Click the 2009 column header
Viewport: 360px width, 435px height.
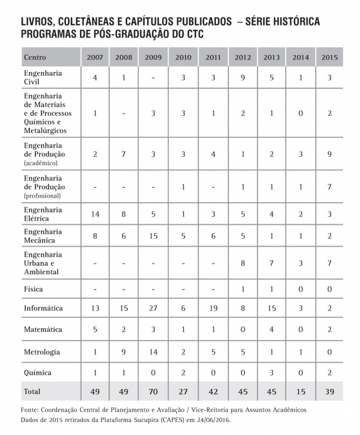pos(153,57)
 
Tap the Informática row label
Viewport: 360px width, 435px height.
pos(43,308)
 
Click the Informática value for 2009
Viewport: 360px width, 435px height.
pos(153,308)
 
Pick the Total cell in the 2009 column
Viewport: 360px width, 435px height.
pos(153,391)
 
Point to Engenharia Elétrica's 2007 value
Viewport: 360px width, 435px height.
pos(95,214)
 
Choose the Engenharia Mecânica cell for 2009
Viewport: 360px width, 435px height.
pos(153,236)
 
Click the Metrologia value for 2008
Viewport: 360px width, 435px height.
pos(123,352)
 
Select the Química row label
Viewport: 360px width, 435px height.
pos(37,373)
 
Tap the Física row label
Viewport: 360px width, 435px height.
pos(33,289)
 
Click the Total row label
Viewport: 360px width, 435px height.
pos(32,391)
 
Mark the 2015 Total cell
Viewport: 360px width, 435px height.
pos(330,391)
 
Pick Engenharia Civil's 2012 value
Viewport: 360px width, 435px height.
pos(242,78)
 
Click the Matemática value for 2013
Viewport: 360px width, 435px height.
pos(271,330)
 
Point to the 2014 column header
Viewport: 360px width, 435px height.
pos(300,57)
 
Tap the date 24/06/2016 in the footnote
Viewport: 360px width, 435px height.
pos(210,419)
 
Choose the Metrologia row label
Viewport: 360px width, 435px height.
pos(42,352)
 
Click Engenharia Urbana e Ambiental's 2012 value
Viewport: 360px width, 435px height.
pos(242,262)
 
